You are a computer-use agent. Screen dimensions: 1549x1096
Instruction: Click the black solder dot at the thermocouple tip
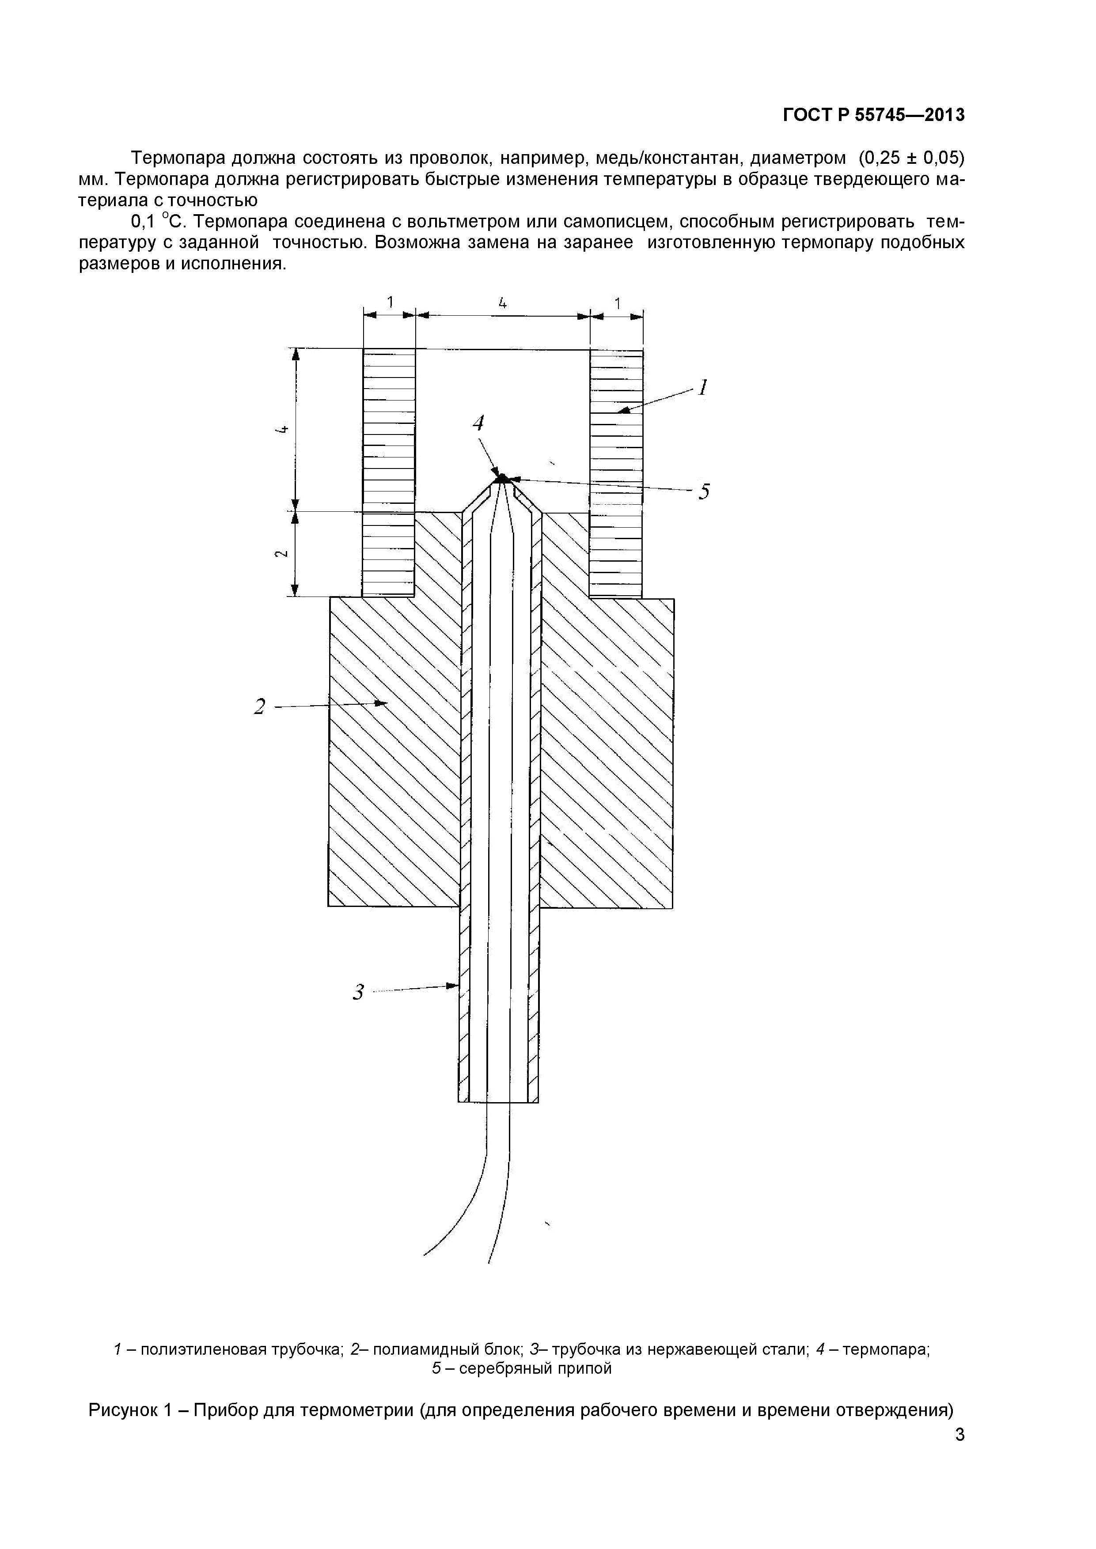click(501, 478)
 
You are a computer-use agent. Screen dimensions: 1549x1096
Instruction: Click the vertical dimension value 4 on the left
click(282, 429)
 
